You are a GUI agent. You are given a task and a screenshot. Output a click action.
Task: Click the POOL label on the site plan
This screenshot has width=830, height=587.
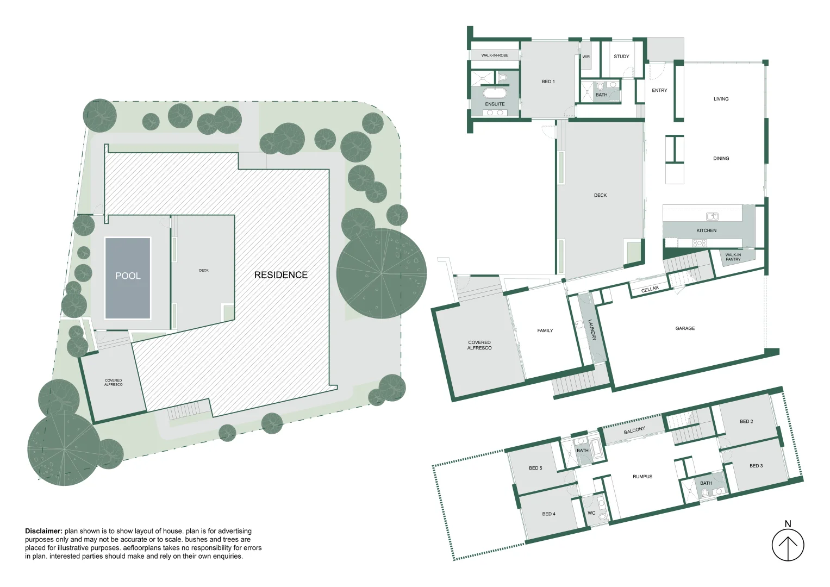click(x=128, y=276)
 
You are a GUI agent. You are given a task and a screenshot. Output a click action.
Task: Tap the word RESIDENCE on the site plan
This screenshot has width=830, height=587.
click(x=280, y=275)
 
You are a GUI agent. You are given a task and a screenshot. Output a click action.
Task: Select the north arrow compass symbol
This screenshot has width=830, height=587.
click(x=788, y=545)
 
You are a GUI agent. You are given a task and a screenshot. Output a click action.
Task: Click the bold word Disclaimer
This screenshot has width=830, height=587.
click(x=43, y=531)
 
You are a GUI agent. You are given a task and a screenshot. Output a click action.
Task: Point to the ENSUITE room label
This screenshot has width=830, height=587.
click(x=495, y=104)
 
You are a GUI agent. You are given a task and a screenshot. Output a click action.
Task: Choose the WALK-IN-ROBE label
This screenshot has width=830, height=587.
click(x=495, y=55)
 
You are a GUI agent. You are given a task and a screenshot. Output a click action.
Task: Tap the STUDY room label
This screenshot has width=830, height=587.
click(x=621, y=57)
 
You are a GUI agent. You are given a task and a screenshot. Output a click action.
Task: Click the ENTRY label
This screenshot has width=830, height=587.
click(x=659, y=90)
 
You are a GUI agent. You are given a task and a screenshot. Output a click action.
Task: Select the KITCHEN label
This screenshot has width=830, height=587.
click(x=706, y=230)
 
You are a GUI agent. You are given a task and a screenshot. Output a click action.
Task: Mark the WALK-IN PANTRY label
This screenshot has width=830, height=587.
click(x=733, y=257)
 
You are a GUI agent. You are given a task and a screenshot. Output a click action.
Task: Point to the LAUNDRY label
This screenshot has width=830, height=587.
click(x=592, y=330)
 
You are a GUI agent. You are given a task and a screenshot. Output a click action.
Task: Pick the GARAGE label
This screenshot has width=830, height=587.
click(x=685, y=328)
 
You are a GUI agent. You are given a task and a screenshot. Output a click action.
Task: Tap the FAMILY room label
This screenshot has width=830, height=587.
click(x=545, y=330)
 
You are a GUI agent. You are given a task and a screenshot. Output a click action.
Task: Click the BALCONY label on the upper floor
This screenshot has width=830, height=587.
click(x=634, y=430)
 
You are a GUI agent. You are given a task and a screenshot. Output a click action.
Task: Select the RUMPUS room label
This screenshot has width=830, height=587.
click(x=642, y=477)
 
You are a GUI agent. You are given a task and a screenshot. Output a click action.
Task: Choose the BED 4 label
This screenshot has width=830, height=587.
click(x=548, y=514)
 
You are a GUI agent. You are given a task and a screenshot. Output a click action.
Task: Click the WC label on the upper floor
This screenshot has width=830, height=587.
click(x=591, y=513)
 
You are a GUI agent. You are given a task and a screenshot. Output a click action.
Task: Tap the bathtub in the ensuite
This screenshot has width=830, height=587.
click(x=494, y=91)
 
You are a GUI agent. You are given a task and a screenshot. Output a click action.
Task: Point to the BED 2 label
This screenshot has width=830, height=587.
click(x=746, y=421)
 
